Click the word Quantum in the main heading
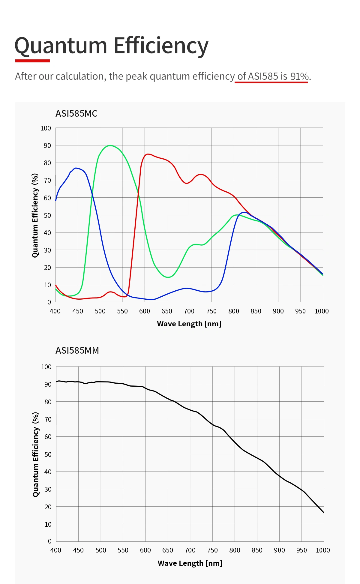tap(61, 46)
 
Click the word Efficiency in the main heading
tap(161, 46)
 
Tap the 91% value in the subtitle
tap(299, 76)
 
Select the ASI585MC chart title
tap(76, 113)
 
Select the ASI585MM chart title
tap(77, 350)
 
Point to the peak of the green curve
tap(110, 145)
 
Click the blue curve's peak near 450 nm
tap(76, 168)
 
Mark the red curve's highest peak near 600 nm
tap(148, 154)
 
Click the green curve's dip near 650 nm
tap(168, 277)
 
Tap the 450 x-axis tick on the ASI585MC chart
tap(78, 311)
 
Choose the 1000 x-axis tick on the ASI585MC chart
tap(322, 311)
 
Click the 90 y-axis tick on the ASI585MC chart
tap(47, 145)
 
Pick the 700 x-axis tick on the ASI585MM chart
tap(190, 550)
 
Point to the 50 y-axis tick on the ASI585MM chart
tap(48, 454)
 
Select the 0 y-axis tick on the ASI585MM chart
tap(50, 541)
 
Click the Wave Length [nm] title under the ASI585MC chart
tap(189, 324)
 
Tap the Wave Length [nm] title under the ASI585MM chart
tap(190, 563)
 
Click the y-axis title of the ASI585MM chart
tap(35, 454)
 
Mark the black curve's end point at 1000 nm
tap(324, 513)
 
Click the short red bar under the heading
tap(32, 61)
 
